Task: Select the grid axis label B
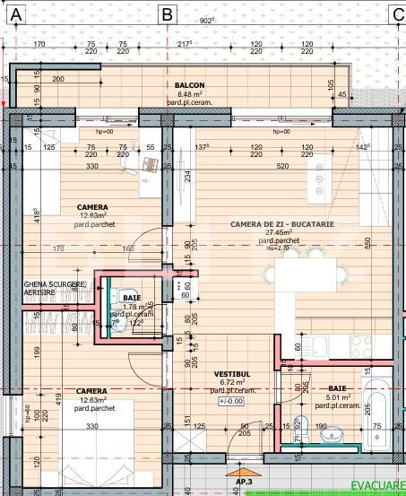coord(167,13)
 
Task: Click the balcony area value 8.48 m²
coord(190,93)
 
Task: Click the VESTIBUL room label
coord(230,372)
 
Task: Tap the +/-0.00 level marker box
coord(230,401)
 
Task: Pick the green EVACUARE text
coord(381,485)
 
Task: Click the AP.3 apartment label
coord(244,482)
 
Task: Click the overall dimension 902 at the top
coord(205,20)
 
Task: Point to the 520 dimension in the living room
coord(283,166)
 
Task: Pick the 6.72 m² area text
coord(230,381)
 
